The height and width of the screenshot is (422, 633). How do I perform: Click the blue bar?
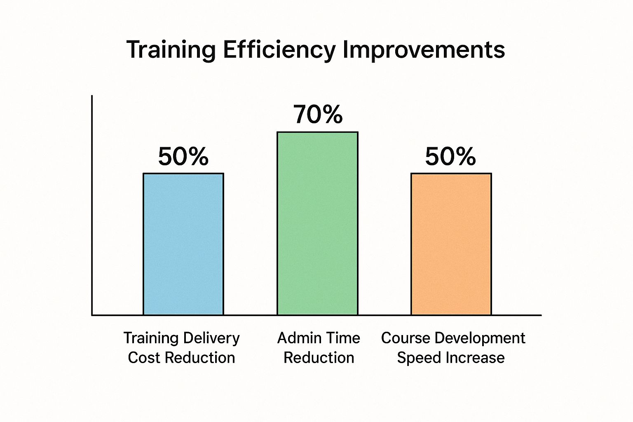(183, 244)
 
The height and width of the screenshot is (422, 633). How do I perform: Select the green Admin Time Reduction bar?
(317, 223)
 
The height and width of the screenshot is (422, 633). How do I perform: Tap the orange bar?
(451, 244)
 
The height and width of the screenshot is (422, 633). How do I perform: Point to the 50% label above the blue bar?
(183, 157)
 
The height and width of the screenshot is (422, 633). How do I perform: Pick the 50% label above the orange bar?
(450, 157)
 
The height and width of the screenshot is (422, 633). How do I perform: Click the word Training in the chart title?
(171, 50)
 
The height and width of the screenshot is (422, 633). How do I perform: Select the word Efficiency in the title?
(279, 50)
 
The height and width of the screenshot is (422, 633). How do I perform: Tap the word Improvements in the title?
(424, 50)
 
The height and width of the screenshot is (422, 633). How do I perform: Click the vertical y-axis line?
(92, 206)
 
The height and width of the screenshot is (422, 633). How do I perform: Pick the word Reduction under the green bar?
(319, 358)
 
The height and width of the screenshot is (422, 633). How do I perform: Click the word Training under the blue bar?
(150, 338)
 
